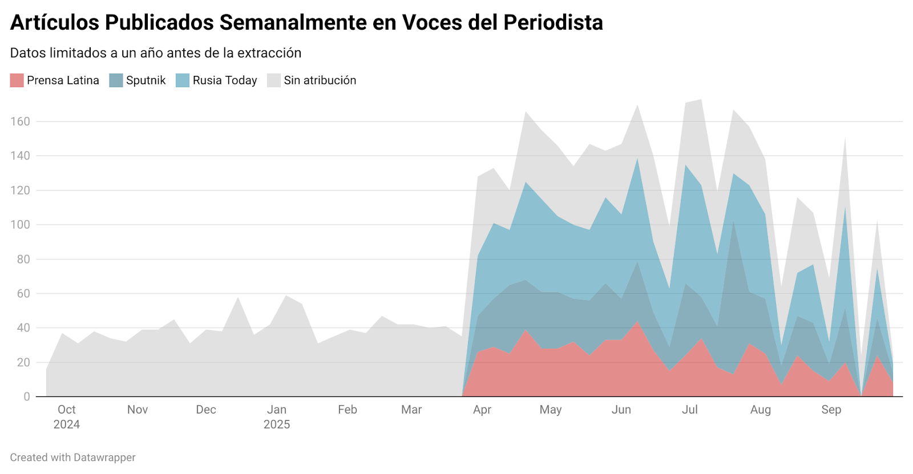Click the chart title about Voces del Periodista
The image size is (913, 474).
click(x=306, y=23)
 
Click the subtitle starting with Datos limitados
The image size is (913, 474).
click(x=156, y=53)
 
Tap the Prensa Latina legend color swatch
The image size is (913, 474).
click(x=17, y=80)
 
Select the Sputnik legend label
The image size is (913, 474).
click(x=146, y=80)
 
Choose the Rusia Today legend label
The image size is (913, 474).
click(x=225, y=80)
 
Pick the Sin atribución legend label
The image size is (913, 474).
click(x=320, y=80)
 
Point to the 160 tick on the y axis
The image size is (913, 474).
click(x=20, y=121)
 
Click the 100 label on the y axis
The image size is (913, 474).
click(x=20, y=225)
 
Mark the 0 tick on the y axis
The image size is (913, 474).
click(x=26, y=396)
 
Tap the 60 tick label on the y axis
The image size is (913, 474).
click(x=23, y=294)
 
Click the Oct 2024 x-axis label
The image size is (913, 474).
click(x=66, y=417)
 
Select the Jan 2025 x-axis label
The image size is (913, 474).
click(x=277, y=417)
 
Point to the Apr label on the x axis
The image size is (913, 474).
click(x=482, y=410)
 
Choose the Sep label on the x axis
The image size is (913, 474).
click(x=831, y=410)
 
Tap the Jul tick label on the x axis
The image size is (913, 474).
click(x=690, y=410)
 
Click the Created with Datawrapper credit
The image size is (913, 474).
click(x=72, y=457)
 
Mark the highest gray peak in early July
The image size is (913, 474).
click(x=701, y=100)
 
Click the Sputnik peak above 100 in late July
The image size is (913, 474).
click(x=733, y=222)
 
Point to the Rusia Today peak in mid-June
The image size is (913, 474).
click(x=637, y=159)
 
